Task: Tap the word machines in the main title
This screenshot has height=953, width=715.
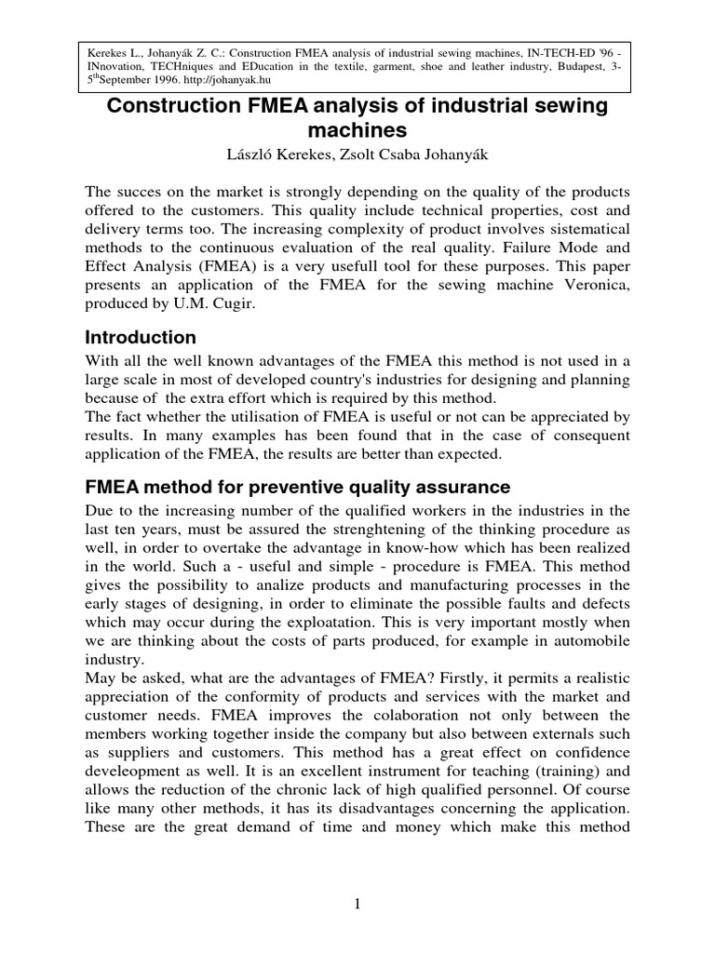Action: pyautogui.click(x=357, y=131)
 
